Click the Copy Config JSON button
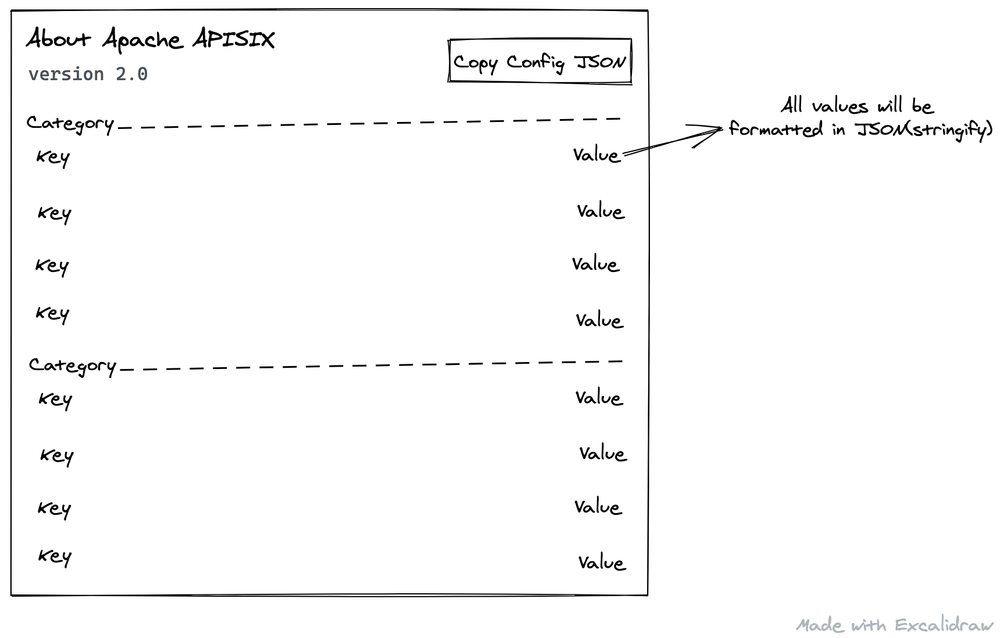click(x=539, y=61)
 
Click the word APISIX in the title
click(x=233, y=40)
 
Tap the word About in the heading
click(x=59, y=39)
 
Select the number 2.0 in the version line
click(x=131, y=74)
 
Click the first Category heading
click(x=70, y=123)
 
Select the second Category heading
click(x=73, y=365)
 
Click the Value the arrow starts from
click(x=596, y=155)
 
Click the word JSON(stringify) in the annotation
click(x=924, y=130)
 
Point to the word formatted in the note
click(x=776, y=129)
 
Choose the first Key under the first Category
click(x=53, y=157)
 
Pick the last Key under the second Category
click(x=55, y=556)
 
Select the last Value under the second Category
click(x=602, y=562)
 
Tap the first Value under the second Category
click(x=599, y=398)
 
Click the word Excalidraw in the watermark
click(x=944, y=625)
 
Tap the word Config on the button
click(x=535, y=62)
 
